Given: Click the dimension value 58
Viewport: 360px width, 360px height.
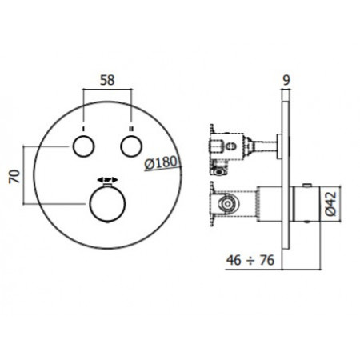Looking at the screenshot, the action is [107, 80].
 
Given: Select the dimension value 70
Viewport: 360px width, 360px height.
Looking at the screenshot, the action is [14, 177].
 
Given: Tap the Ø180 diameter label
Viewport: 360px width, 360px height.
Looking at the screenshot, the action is [161, 162].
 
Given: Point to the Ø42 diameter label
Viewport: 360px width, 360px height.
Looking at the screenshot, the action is [331, 204].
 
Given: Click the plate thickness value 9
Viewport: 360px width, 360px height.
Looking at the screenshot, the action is [286, 80].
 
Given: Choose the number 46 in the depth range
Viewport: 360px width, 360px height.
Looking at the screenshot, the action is [234, 260].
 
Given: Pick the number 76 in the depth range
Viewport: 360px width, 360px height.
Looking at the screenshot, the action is [267, 260].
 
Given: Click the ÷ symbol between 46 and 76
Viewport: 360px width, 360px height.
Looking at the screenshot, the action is [250, 261].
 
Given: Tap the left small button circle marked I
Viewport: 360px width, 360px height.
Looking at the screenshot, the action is [84, 146].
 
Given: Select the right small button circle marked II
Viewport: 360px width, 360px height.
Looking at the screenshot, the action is [131, 146].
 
